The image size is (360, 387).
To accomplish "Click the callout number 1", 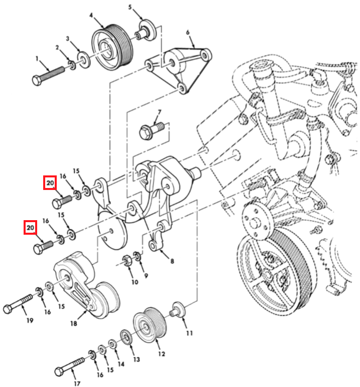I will pos(37,59).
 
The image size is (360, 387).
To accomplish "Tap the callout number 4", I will pos(92,16).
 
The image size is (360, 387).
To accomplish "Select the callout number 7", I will pos(159,112).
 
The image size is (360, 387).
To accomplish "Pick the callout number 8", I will pos(172,261).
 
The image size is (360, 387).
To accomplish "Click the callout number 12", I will pos(161,354).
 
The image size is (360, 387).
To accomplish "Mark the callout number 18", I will pos(74,324).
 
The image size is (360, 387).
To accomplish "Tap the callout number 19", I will pos(30,320).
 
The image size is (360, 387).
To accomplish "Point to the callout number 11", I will pos(189,332).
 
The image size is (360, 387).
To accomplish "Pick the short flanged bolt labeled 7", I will pos(151,131).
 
